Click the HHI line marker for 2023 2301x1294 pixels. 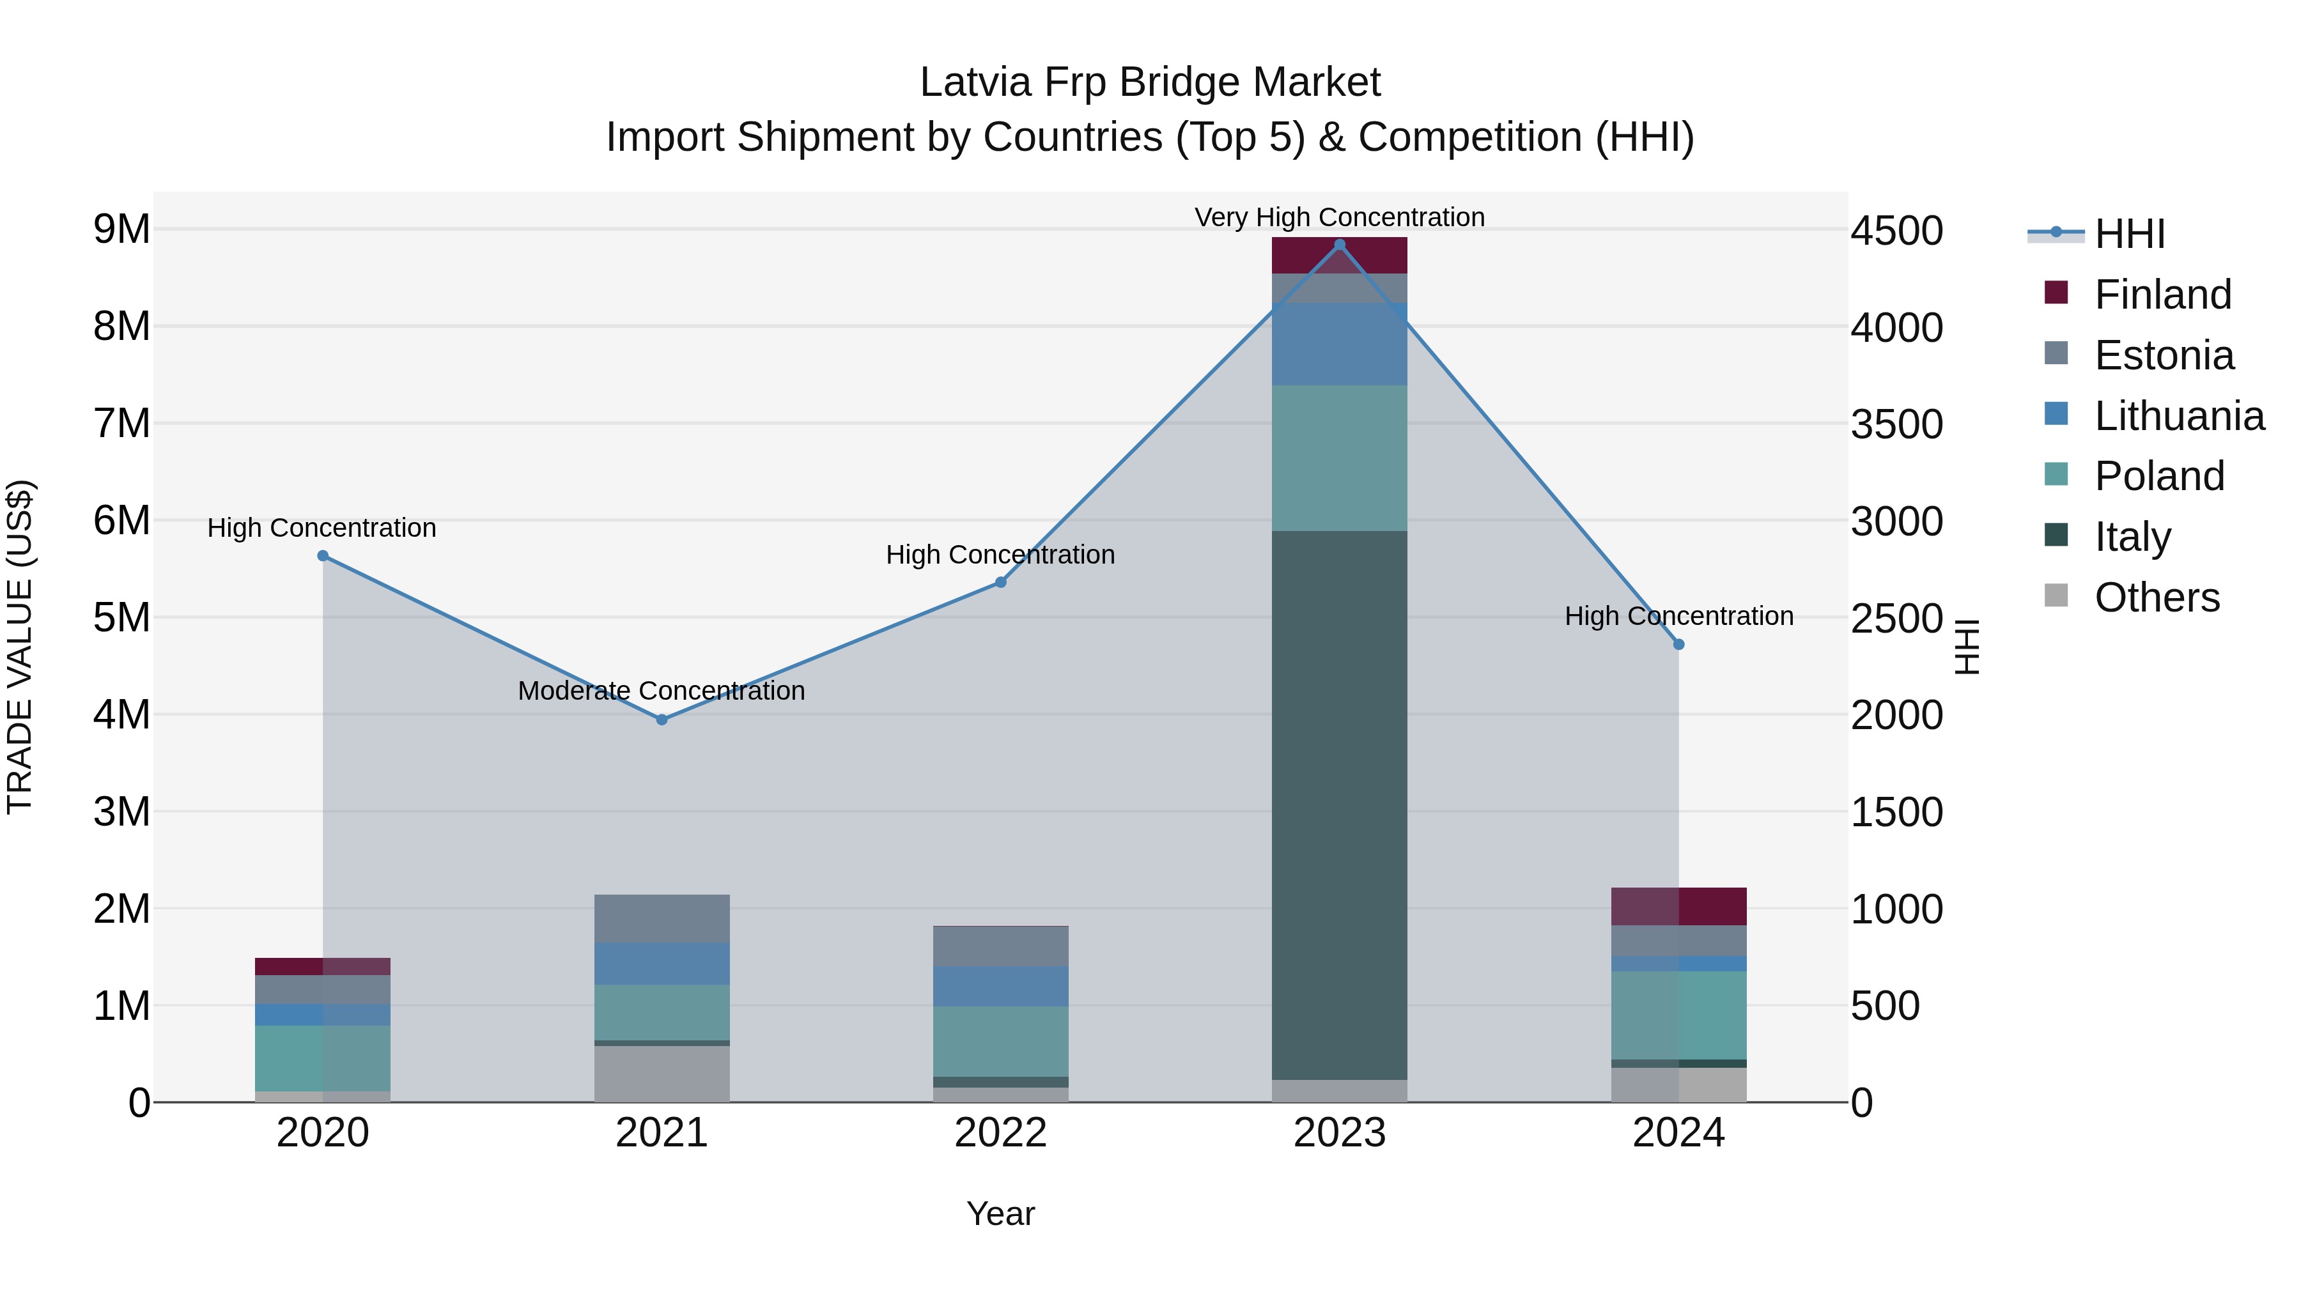(x=1339, y=245)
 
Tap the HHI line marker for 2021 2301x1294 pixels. (x=662, y=720)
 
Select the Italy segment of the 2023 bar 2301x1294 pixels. (x=1339, y=804)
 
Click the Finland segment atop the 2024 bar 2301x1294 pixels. (x=1678, y=906)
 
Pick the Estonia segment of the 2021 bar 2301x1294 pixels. (x=662, y=918)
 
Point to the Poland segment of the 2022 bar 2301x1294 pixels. (x=1000, y=1042)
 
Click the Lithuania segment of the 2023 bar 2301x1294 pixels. (x=1339, y=344)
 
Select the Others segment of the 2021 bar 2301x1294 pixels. (x=662, y=1074)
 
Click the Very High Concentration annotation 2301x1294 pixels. (x=1339, y=217)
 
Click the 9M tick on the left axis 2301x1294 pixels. (x=121, y=229)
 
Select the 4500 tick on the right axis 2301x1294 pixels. (x=1896, y=231)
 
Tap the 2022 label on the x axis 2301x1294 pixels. (x=1000, y=1133)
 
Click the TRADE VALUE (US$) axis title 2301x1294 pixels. (x=20, y=647)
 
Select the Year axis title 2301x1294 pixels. (x=1000, y=1213)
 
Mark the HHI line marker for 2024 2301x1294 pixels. (x=1678, y=644)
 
